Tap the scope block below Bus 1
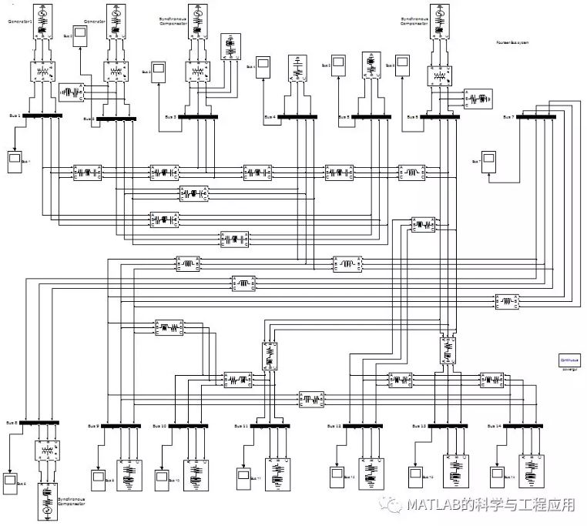coord(15,160)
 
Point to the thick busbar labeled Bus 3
coord(198,117)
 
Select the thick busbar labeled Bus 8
coord(39,422)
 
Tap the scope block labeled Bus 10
coord(162,477)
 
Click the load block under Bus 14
coord(532,473)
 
